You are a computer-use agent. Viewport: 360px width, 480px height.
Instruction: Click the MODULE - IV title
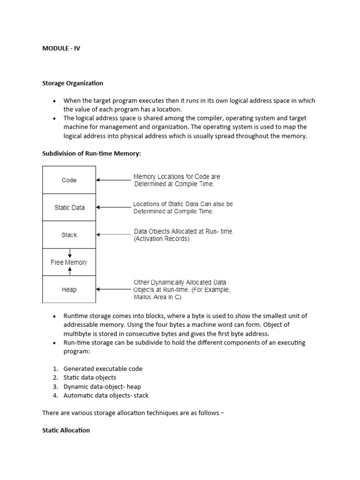click(x=61, y=48)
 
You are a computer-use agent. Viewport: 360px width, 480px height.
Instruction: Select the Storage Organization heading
click(x=73, y=83)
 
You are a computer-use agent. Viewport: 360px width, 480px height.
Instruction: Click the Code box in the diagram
click(x=69, y=180)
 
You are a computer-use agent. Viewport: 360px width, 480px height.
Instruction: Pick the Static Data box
click(x=69, y=207)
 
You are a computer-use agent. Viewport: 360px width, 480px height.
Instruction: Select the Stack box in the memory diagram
click(x=69, y=235)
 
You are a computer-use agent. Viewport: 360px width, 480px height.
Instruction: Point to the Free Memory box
click(x=69, y=262)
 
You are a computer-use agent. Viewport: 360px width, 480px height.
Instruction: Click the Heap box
click(x=69, y=290)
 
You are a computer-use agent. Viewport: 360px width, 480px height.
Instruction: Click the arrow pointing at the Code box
click(x=113, y=180)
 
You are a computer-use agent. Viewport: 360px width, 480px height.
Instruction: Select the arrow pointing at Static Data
click(x=113, y=207)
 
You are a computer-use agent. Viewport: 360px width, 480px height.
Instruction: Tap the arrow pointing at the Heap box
click(x=113, y=290)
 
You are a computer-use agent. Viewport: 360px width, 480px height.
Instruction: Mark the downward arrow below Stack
click(x=69, y=253)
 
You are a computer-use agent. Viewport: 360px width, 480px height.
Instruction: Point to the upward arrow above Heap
click(x=69, y=270)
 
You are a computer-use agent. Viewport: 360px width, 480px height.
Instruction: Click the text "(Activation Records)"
click(x=162, y=239)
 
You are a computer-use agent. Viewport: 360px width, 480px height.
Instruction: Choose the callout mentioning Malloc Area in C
click(x=182, y=290)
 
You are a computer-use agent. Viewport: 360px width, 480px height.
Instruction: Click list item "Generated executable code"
click(x=103, y=368)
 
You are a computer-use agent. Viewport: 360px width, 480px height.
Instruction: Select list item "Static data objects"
click(x=90, y=377)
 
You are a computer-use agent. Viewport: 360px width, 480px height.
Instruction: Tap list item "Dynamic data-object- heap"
click(x=102, y=386)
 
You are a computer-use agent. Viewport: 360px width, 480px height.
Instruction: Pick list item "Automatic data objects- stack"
click(x=106, y=395)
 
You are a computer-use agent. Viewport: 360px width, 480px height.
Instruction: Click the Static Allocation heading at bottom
click(x=66, y=430)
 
